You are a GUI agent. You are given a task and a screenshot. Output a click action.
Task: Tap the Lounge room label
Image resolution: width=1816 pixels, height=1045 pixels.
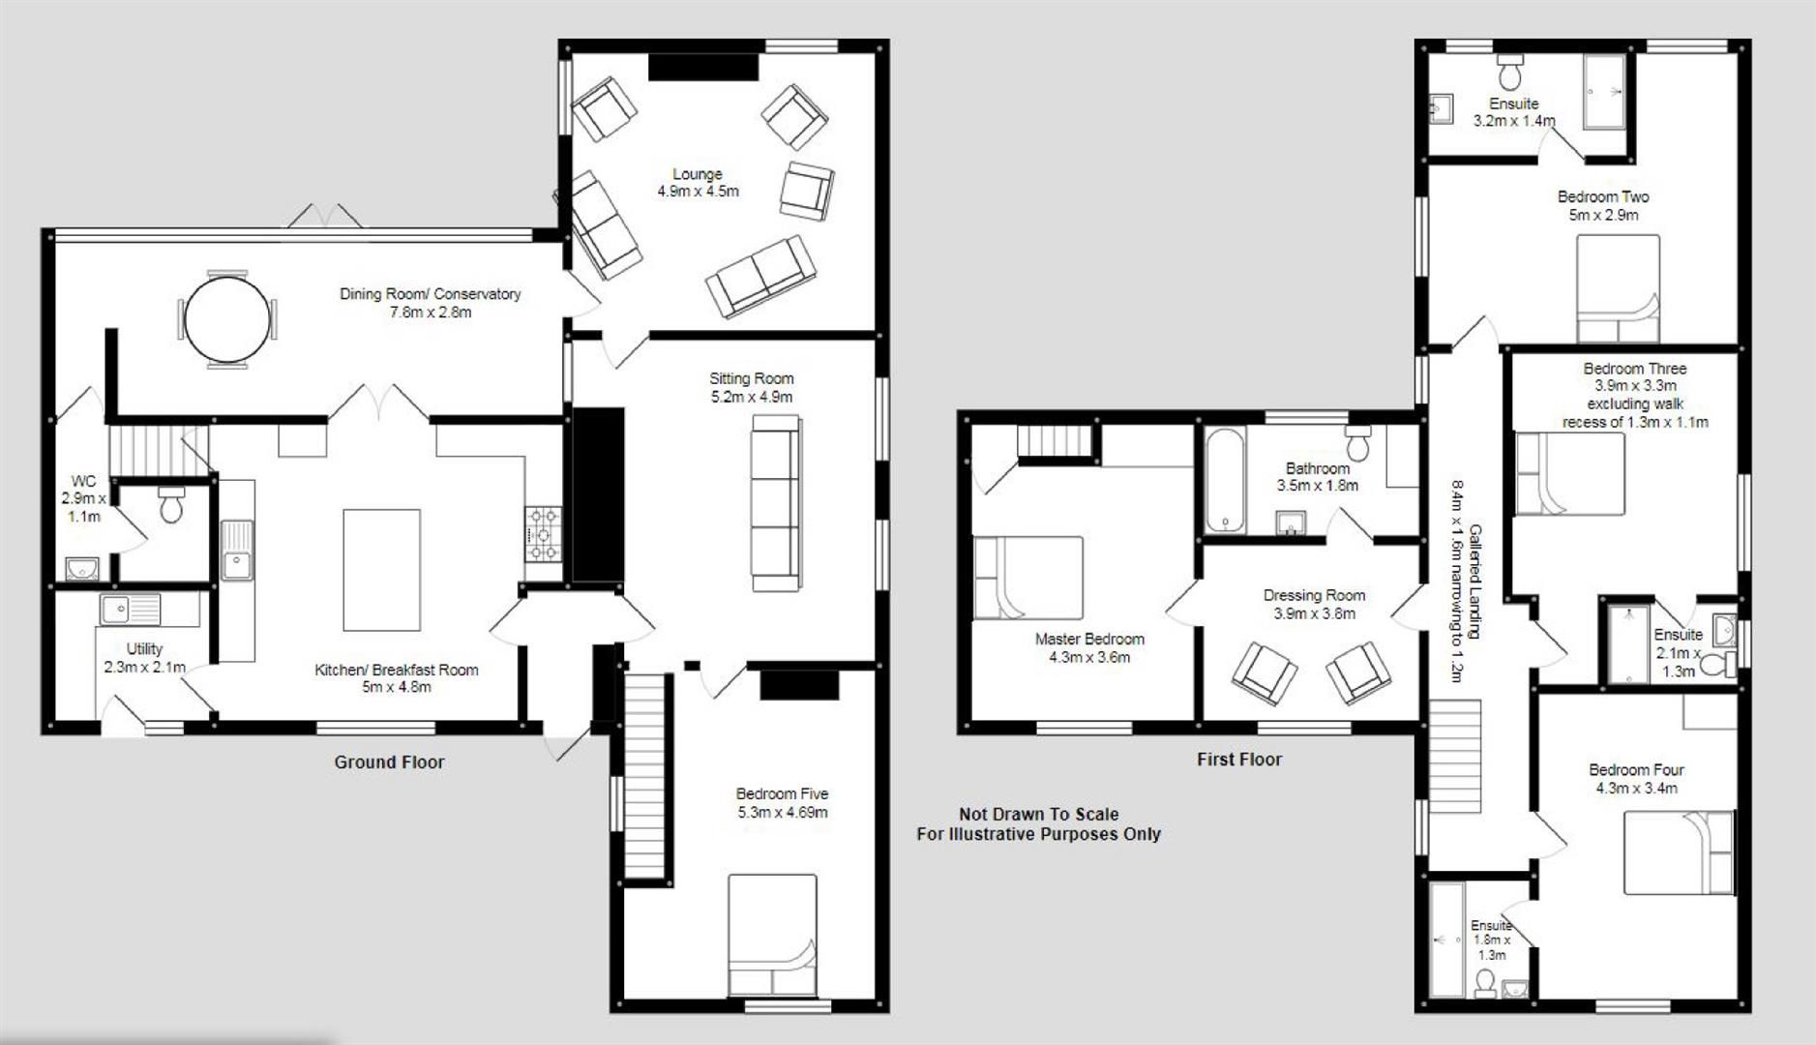pyautogui.click(x=698, y=174)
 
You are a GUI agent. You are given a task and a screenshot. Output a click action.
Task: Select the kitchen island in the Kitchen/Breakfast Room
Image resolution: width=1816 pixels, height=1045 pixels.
pyautogui.click(x=381, y=570)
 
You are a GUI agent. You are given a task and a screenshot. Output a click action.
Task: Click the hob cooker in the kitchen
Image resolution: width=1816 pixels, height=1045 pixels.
pyautogui.click(x=544, y=534)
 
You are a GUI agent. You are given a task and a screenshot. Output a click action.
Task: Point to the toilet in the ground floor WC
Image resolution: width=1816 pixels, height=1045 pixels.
pyautogui.click(x=171, y=505)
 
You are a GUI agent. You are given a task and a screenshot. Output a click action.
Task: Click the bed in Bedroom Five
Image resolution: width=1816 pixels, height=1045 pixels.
pyautogui.click(x=772, y=935)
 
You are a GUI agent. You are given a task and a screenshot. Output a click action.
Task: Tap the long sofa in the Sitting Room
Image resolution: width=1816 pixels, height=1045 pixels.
pyautogui.click(x=776, y=503)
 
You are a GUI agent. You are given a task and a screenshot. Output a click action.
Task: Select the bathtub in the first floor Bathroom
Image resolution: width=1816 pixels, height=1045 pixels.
pyautogui.click(x=1224, y=480)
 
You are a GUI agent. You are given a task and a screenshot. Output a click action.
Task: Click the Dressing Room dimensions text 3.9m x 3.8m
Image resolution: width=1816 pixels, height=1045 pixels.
pyautogui.click(x=1314, y=613)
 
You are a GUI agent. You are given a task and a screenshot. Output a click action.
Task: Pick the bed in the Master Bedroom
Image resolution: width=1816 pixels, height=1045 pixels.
pyautogui.click(x=1027, y=578)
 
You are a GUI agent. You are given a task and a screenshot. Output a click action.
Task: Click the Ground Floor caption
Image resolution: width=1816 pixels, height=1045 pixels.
pyautogui.click(x=389, y=762)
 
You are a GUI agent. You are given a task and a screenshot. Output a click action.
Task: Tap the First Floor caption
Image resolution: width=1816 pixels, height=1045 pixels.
pyautogui.click(x=1238, y=760)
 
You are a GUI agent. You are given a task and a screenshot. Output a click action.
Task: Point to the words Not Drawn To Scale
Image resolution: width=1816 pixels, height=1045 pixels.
pyautogui.click(x=1038, y=815)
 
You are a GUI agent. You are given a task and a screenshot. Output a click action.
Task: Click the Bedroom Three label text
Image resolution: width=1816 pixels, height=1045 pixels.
pyautogui.click(x=1634, y=369)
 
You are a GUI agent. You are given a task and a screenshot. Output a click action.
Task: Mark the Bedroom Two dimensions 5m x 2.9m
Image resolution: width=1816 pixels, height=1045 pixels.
pyautogui.click(x=1602, y=215)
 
